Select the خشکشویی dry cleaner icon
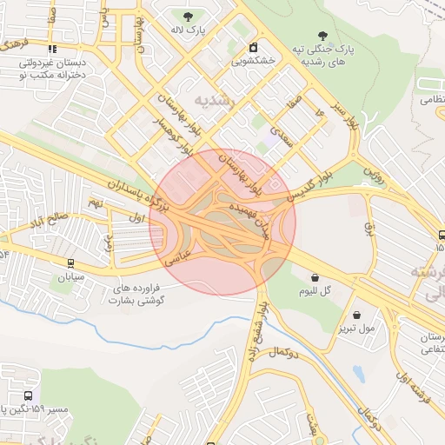tap(253, 47)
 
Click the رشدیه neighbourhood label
tap(216, 101)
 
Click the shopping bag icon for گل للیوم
tap(315, 278)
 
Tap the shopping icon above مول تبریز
tap(356, 315)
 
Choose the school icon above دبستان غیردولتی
tap(52, 50)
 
